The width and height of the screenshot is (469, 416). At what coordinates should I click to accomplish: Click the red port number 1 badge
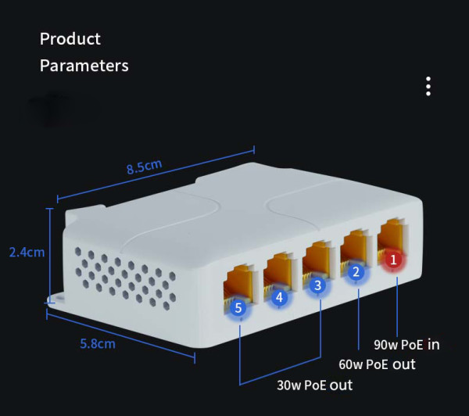[393, 258]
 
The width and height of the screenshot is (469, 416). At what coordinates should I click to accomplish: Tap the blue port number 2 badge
[356, 272]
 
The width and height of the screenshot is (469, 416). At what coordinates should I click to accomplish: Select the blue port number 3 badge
[317, 285]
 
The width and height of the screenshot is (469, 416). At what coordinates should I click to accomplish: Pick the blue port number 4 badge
[279, 297]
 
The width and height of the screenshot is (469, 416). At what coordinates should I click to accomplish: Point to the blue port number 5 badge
[239, 308]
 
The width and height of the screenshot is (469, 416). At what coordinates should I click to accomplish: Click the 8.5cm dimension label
[144, 167]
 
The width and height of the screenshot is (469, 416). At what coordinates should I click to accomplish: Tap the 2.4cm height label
[26, 253]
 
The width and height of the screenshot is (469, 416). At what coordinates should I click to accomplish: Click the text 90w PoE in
[406, 344]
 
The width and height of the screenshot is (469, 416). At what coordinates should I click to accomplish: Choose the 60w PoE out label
[377, 364]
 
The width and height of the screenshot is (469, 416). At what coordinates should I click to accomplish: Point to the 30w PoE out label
[315, 385]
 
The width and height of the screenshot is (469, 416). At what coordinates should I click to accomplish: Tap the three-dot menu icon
[428, 86]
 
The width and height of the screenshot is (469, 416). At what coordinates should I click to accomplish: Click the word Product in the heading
[70, 39]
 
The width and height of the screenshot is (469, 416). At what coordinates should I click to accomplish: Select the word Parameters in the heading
[84, 66]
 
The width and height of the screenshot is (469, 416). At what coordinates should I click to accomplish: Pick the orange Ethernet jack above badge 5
[238, 286]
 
